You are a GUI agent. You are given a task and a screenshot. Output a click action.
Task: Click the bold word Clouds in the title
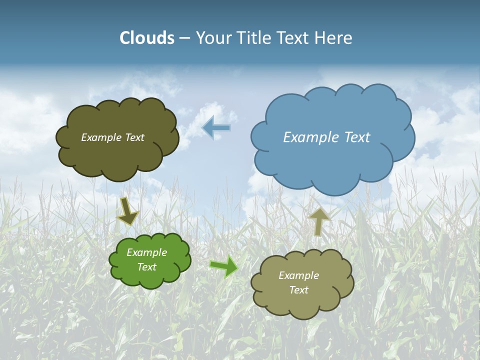click(147, 38)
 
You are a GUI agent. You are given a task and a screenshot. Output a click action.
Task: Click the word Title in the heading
click(255, 38)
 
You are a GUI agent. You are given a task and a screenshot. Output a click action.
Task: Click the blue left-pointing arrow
click(216, 128)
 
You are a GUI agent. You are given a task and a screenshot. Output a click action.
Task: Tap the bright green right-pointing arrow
click(224, 266)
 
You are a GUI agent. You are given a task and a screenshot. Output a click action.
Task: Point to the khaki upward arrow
click(318, 221)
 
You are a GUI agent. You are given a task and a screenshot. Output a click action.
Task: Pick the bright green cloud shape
click(150, 272)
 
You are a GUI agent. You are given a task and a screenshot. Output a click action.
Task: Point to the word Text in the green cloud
click(147, 267)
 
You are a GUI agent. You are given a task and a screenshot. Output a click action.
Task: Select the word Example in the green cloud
click(147, 252)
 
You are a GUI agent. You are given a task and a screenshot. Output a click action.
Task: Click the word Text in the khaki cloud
click(298, 290)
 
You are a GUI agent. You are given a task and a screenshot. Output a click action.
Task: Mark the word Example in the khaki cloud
click(298, 275)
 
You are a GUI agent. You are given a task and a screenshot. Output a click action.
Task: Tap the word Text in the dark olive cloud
click(134, 137)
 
